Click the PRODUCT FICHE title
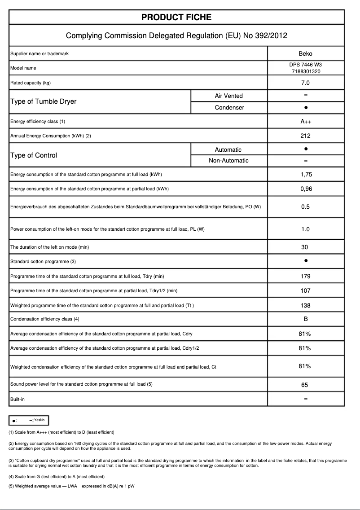click(176, 18)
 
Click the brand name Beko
click(305, 54)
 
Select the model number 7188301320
click(305, 71)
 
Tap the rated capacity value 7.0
click(305, 83)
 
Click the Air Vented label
click(228, 96)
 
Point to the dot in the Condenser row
click(305, 108)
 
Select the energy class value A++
click(305, 122)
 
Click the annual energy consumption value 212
click(305, 136)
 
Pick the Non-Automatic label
click(228, 161)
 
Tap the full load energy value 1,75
click(305, 175)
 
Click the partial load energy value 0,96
click(305, 189)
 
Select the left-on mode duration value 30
click(305, 247)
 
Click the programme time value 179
click(305, 277)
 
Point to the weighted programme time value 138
click(305, 306)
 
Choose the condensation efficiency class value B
click(305, 319)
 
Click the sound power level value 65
click(305, 385)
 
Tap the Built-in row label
click(18, 399)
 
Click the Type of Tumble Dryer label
click(43, 101)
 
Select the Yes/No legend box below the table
click(29, 420)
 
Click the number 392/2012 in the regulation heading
click(271, 35)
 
